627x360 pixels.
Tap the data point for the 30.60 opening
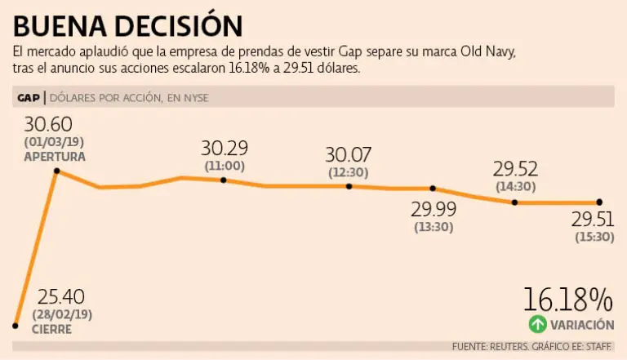coord(56,171)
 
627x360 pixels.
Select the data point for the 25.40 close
coord(15,325)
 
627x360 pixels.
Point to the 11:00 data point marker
coord(224,180)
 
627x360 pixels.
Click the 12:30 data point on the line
coord(349,186)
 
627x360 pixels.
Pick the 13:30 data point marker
coord(433,189)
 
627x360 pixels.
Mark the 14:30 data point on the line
coord(514,202)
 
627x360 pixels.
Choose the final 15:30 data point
coord(599,202)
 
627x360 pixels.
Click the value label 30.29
coord(225,149)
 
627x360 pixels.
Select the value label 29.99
coord(434,208)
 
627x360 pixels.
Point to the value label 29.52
coord(515,169)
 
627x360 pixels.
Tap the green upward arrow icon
coord(537,324)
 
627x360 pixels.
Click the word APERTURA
coord(55,155)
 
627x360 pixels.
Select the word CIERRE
coord(51,330)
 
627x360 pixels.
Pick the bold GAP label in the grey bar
coord(29,98)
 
